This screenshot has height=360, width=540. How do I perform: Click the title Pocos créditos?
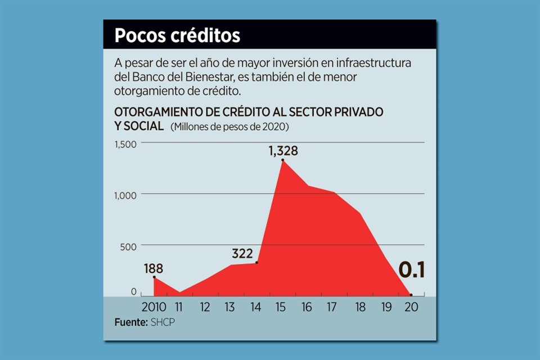click(177, 35)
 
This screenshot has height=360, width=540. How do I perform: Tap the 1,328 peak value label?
click(282, 151)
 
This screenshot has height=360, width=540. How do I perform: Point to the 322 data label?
click(242, 253)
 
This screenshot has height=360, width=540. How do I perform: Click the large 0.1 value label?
click(411, 271)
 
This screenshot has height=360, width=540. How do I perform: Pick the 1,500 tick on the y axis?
click(125, 144)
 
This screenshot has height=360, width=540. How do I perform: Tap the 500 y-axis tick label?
click(129, 246)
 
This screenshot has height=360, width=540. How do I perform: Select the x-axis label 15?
click(282, 307)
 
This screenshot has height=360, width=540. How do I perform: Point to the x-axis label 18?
click(361, 307)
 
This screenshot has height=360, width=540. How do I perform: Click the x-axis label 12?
click(205, 307)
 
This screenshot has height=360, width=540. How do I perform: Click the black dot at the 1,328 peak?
click(282, 161)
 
